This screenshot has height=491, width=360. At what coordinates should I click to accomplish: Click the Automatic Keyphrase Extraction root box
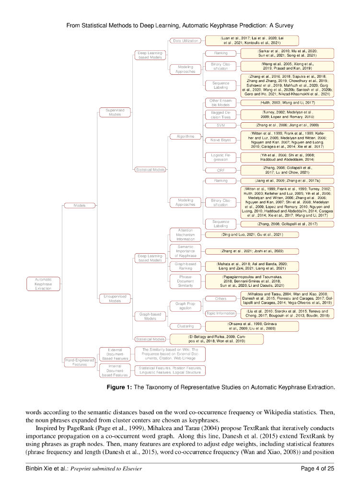[46, 283]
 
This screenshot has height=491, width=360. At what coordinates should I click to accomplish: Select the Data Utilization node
[185, 41]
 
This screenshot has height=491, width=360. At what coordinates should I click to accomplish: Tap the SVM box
[221, 125]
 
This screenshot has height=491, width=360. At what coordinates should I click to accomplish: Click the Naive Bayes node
[221, 140]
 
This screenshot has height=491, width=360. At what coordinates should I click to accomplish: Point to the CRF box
[221, 170]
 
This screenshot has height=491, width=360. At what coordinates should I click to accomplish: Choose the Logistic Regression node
[221, 157]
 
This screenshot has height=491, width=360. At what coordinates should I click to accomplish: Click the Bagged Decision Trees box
[221, 115]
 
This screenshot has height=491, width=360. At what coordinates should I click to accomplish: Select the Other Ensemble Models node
[221, 103]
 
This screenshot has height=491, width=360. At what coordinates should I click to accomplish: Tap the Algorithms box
[185, 136]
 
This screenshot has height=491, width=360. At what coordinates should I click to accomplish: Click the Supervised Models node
[115, 112]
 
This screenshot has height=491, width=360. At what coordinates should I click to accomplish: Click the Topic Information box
[221, 314]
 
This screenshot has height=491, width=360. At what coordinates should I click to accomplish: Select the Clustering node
[185, 326]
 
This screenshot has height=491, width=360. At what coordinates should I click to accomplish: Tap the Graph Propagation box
[185, 305]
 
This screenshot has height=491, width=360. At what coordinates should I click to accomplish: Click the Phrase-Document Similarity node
[185, 281]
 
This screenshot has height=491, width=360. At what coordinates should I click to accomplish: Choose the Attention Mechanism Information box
[185, 234]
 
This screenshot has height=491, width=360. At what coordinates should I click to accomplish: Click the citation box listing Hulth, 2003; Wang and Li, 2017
[269, 103]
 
